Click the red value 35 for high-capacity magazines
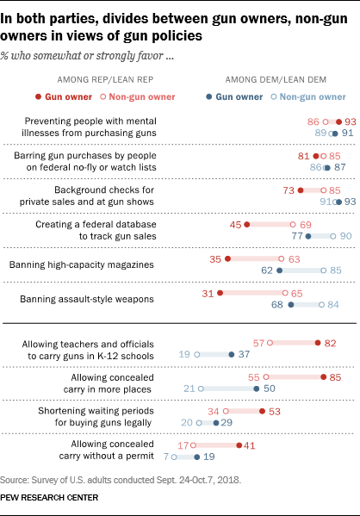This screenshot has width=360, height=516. click(x=216, y=258)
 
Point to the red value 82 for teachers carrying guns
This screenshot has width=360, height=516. click(x=331, y=342)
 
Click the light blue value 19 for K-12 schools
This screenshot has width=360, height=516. click(x=184, y=353)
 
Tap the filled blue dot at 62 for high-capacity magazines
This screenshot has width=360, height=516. click(x=280, y=269)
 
